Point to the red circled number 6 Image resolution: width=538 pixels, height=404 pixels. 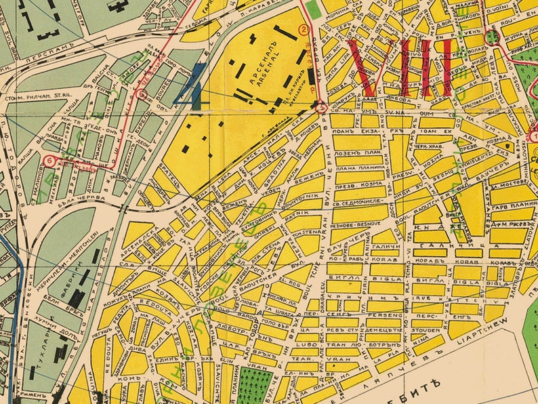click(x=51, y=161)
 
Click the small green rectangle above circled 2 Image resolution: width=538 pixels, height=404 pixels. click(x=313, y=9)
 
